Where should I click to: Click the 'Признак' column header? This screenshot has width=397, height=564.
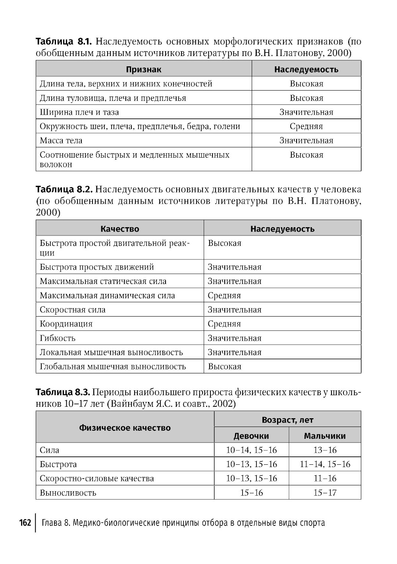tap(144, 70)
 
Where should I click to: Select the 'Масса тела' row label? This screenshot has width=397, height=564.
tap(61, 141)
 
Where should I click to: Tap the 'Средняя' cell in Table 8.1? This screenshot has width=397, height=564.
tap(306, 126)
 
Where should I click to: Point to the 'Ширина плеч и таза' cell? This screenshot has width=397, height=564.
tap(79, 112)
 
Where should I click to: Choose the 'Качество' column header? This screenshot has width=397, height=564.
tap(119, 229)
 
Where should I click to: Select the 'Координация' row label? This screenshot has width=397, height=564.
tap(66, 324)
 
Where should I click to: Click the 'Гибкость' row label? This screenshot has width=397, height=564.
tap(58, 338)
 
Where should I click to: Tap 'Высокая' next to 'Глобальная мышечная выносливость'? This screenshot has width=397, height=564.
tap(225, 367)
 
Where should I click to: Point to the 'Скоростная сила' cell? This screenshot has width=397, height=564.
tap(73, 310)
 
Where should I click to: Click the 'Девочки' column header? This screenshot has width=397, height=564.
tap(251, 436)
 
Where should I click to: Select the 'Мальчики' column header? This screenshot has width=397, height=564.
tap(325, 436)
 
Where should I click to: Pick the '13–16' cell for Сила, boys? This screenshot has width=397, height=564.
tap(325, 450)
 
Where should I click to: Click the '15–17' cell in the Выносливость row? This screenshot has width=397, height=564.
tap(325, 493)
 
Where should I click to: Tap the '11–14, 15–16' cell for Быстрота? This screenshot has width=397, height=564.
tap(325, 464)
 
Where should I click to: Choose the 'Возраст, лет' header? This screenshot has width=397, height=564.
tap(287, 420)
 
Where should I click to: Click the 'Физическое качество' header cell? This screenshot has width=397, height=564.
tap(125, 428)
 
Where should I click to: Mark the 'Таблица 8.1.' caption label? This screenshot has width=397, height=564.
tap(64, 41)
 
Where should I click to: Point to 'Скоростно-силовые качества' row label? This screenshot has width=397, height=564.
tap(97, 479)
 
